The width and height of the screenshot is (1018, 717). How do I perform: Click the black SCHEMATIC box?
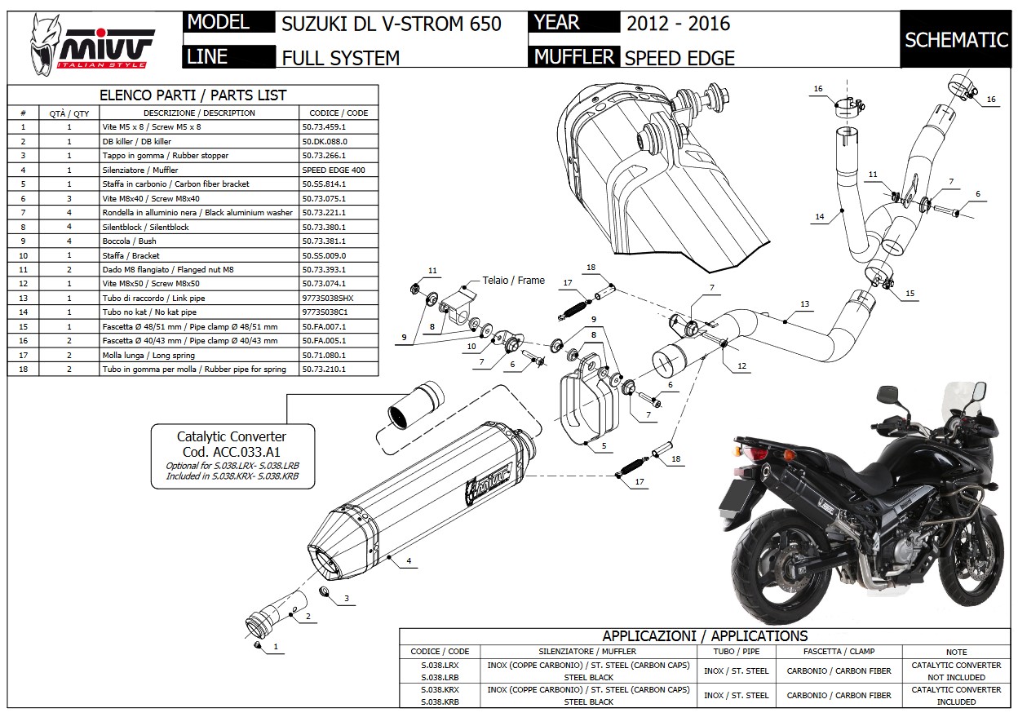pyautogui.click(x=956, y=40)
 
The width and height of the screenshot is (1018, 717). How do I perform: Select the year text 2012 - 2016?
pyautogui.click(x=678, y=23)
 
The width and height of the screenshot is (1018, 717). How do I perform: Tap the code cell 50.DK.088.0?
pyautogui.click(x=339, y=141)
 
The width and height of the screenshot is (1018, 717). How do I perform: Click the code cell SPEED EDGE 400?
pyautogui.click(x=339, y=170)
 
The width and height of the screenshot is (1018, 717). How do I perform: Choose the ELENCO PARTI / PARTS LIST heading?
pyautogui.click(x=193, y=95)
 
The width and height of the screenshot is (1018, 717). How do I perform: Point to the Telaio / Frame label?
pyautogui.click(x=513, y=280)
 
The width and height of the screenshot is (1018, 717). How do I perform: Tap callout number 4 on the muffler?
pyautogui.click(x=408, y=561)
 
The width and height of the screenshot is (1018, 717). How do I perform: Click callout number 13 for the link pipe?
pyautogui.click(x=804, y=304)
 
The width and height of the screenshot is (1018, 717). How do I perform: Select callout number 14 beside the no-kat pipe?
pyautogui.click(x=819, y=216)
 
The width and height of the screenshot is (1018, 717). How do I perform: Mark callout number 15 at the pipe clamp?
pyautogui.click(x=910, y=294)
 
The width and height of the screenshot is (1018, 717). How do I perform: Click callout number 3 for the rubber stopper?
pyautogui.click(x=346, y=599)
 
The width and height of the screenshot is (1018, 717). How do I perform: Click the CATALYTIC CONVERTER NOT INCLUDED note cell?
pyautogui.click(x=956, y=671)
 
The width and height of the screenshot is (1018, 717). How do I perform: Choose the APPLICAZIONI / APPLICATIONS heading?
pyautogui.click(x=705, y=635)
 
